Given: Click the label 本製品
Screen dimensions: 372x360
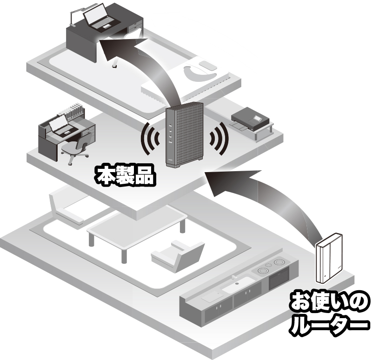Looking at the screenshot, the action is pyautogui.click(x=125, y=176).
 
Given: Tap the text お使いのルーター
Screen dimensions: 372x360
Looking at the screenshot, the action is pyautogui.click(x=329, y=313).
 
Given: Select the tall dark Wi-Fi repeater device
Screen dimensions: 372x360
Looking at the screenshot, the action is pyautogui.click(x=184, y=135).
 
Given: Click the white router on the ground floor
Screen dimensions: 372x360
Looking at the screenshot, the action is pyautogui.click(x=329, y=258).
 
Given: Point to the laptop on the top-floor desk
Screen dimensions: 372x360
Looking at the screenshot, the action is pyautogui.click(x=102, y=17).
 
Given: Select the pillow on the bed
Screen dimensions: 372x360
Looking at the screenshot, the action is pyautogui.click(x=208, y=65).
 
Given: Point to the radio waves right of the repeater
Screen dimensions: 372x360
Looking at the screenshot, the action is pyautogui.click(x=219, y=138).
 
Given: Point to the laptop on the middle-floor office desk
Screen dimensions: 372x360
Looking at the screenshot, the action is pyautogui.click(x=60, y=125).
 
